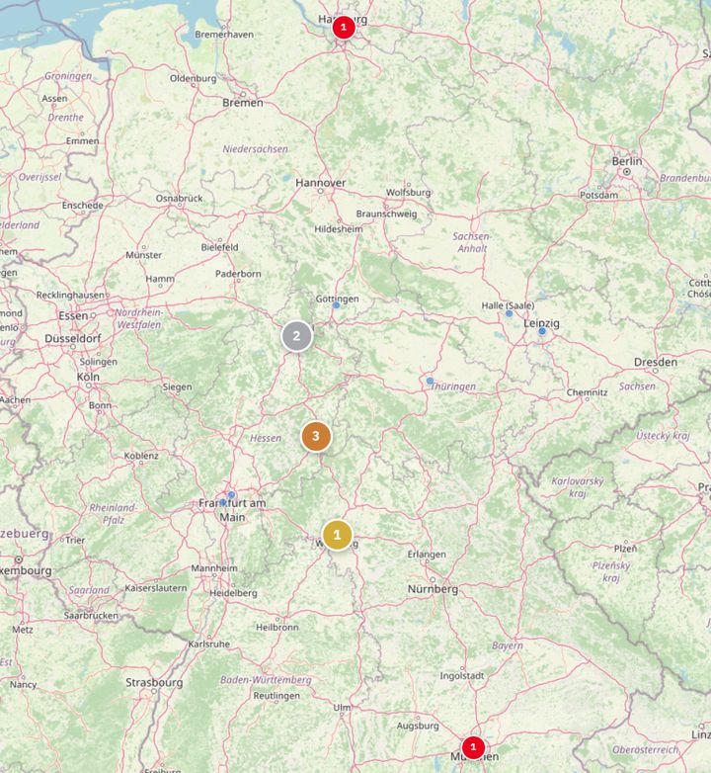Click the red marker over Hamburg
pyautogui.click(x=343, y=27)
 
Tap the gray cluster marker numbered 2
pyautogui.click(x=296, y=336)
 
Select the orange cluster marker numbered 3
pyautogui.click(x=315, y=436)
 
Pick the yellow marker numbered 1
pyautogui.click(x=337, y=535)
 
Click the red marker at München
pyautogui.click(x=473, y=746)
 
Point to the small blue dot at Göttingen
pyautogui.click(x=336, y=305)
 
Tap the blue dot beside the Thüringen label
pyautogui.click(x=430, y=381)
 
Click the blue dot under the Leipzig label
pyautogui.click(x=542, y=331)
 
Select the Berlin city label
pyautogui.click(x=626, y=161)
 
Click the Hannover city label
pyautogui.click(x=321, y=183)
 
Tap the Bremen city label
pyautogui.click(x=243, y=102)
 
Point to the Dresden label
pyautogui.click(x=656, y=362)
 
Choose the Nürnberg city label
pyautogui.click(x=434, y=589)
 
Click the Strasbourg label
pyautogui.click(x=154, y=682)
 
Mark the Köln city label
pyautogui.click(x=89, y=378)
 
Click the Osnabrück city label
pyautogui.click(x=179, y=198)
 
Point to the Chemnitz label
pyautogui.click(x=587, y=392)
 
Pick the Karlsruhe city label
pyautogui.click(x=208, y=644)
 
